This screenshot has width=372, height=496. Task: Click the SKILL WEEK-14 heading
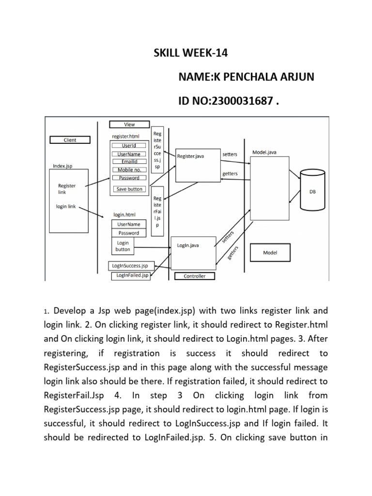(190, 53)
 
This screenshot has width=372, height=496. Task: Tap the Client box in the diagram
(70, 140)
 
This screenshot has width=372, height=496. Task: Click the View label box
(129, 124)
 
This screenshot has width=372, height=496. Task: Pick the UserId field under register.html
(129, 145)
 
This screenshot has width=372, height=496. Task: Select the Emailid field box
(129, 161)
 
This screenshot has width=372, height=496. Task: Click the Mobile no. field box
(129, 170)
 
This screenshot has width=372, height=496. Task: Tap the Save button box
(129, 189)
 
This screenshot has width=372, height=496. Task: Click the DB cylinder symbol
(312, 190)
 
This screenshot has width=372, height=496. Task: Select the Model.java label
(264, 152)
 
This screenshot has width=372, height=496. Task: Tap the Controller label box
(194, 276)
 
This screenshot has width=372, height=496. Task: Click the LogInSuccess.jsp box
(130, 265)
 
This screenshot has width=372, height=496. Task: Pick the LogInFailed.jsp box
(131, 275)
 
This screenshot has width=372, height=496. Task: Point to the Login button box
(123, 246)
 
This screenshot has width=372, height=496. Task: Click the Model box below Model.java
(270, 252)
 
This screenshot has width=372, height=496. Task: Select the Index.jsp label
(63, 166)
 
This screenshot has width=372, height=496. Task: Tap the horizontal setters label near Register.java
(230, 154)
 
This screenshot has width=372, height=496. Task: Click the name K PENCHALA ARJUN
(247, 77)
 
